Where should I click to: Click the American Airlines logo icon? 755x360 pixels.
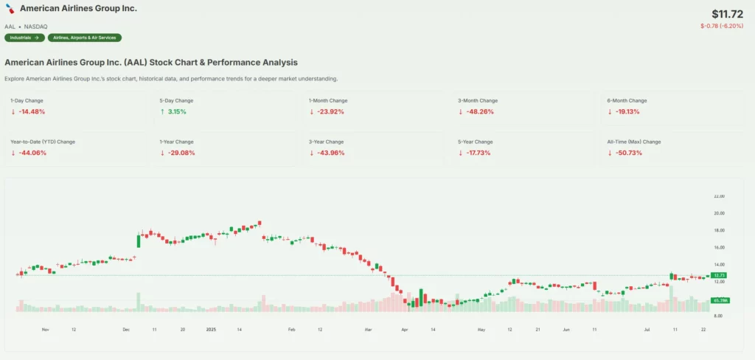(10, 9)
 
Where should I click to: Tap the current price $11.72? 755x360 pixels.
(727, 14)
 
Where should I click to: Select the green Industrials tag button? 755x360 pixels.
(24, 38)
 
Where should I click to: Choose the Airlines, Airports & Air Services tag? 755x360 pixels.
(85, 38)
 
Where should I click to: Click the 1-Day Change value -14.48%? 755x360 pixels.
(32, 112)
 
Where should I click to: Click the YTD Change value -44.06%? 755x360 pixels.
(32, 153)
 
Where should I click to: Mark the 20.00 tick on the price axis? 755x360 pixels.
(719, 213)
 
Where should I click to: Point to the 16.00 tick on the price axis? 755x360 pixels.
(719, 248)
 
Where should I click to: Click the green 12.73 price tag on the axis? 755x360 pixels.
(720, 275)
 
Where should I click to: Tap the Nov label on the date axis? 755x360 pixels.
(45, 330)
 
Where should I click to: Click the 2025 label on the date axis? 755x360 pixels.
(211, 330)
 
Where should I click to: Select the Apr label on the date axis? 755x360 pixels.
(404, 330)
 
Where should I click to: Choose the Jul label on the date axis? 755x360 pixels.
(645, 330)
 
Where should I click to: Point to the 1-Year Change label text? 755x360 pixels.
(177, 141)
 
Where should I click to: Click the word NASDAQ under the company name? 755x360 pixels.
(36, 27)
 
